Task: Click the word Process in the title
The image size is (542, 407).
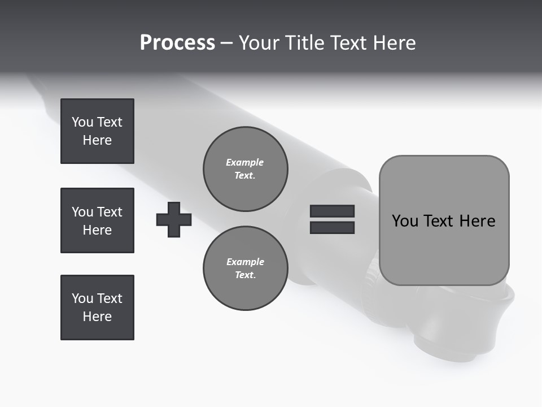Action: point(177,43)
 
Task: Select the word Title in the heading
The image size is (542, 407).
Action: point(305,43)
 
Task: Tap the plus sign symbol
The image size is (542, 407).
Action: point(174,219)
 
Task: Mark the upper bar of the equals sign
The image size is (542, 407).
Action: point(332,211)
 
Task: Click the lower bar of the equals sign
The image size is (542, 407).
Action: point(332,227)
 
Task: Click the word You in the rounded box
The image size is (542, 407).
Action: point(405,220)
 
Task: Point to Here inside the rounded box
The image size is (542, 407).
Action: point(477,220)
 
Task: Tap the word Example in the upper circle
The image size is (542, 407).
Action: point(245,162)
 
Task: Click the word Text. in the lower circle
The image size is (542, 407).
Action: point(245,275)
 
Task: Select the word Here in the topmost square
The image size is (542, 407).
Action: point(97,140)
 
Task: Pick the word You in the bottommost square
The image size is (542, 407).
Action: point(82,298)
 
